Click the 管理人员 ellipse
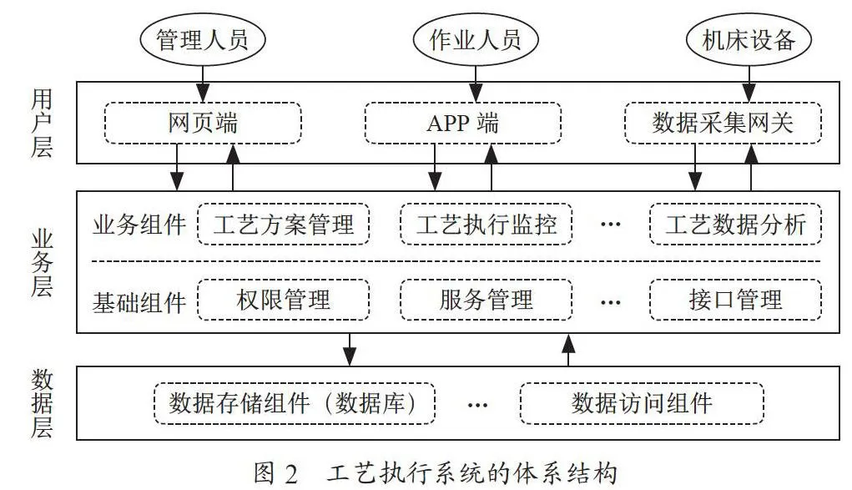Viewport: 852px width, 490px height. click(203, 40)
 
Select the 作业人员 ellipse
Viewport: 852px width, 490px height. click(476, 40)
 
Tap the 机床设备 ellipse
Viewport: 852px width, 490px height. click(749, 40)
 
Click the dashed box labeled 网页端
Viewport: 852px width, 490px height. click(203, 123)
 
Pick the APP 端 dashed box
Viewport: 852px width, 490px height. click(463, 123)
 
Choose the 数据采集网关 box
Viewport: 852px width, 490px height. click(723, 123)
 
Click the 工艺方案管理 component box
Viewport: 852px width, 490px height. click(284, 224)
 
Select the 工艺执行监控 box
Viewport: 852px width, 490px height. click(486, 224)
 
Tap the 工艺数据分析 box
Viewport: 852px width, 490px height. click(736, 224)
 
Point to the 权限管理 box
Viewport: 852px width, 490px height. click(284, 300)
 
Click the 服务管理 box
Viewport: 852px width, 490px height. click(486, 300)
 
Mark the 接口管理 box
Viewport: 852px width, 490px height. click(736, 300)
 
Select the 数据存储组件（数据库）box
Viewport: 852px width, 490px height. click(295, 403)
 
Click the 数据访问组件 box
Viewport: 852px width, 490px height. click(642, 403)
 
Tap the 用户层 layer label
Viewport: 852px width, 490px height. click(42, 123)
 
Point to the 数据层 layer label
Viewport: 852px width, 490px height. click(42, 403)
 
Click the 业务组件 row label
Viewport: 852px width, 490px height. click(139, 225)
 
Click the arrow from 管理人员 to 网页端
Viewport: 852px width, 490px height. click(203, 84)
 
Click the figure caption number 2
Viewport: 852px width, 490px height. click(291, 475)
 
